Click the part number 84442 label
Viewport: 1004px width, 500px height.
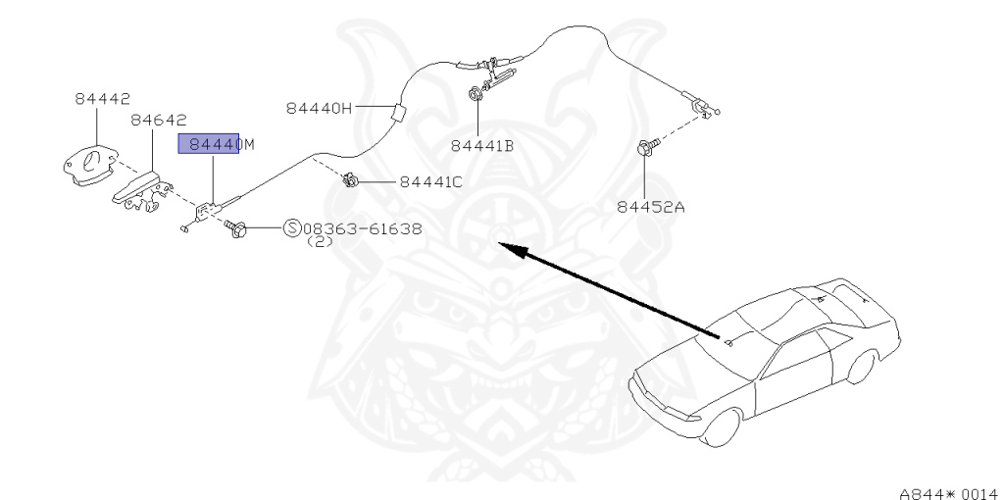coord(102,99)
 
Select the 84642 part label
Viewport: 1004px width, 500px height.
coord(158,120)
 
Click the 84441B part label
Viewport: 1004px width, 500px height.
coord(482,146)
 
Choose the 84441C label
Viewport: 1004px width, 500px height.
coord(430,181)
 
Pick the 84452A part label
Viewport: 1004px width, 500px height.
coord(651,206)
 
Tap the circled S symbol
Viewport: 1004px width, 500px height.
coord(292,228)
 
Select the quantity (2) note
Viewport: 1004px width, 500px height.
coord(321,241)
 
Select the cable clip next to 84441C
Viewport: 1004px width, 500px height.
coord(348,179)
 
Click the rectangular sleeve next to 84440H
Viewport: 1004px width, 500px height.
coord(396,111)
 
